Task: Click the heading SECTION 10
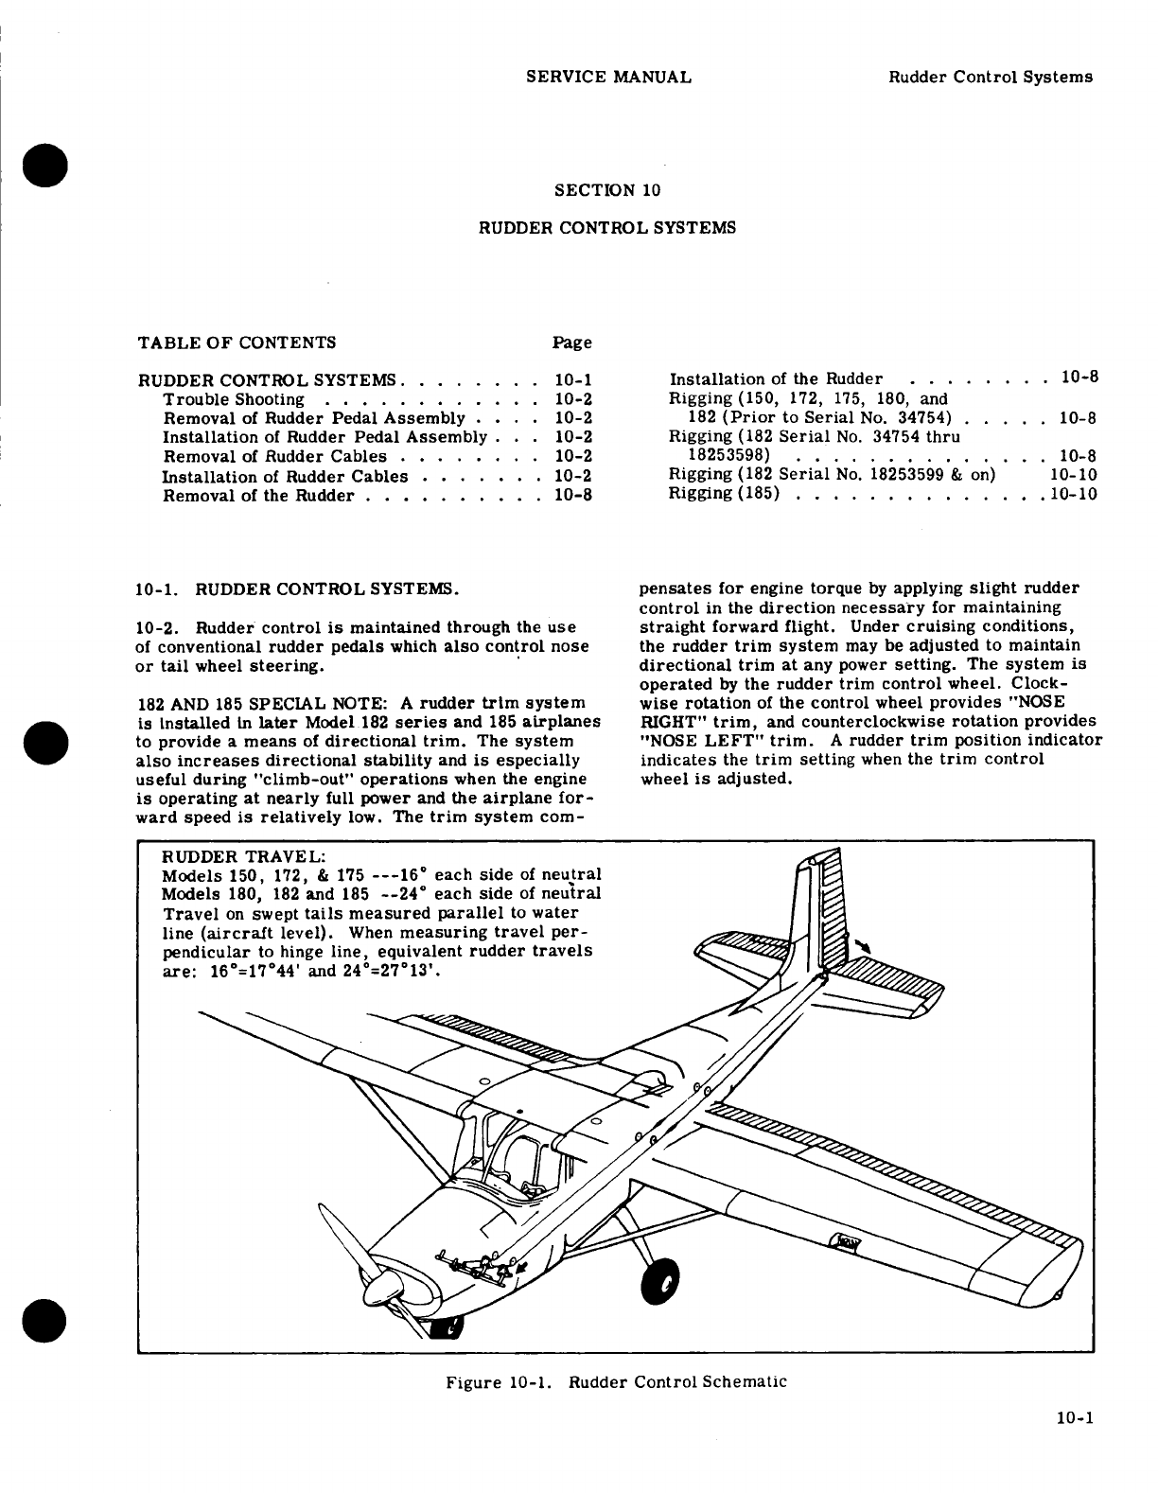point(606,190)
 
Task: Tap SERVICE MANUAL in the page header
point(607,78)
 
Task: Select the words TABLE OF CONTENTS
point(237,343)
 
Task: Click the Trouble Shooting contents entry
point(234,399)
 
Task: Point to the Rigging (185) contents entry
point(724,494)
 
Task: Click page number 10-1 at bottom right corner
point(1076,1418)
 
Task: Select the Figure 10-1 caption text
point(616,1381)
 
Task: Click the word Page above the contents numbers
point(571,343)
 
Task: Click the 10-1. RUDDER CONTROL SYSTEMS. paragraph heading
point(298,589)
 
